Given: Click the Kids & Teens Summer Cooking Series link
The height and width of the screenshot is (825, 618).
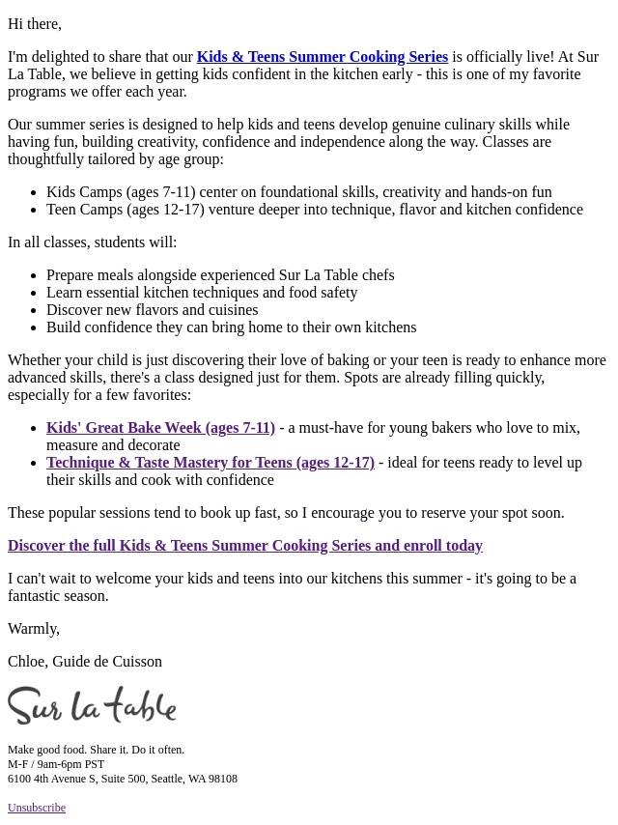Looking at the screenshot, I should [x=322, y=57].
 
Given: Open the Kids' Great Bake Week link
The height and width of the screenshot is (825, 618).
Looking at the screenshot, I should [x=160, y=428].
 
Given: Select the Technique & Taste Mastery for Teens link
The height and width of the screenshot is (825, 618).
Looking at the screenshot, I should [x=210, y=463].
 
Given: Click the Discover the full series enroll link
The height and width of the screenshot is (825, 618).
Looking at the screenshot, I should [x=244, y=546].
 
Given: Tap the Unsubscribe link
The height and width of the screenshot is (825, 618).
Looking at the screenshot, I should [x=37, y=808].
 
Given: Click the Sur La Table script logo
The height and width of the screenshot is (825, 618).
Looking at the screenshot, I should [x=92, y=705].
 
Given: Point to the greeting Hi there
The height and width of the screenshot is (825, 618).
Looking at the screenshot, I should [x=35, y=24].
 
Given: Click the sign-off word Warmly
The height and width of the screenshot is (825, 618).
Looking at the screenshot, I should [x=34, y=629].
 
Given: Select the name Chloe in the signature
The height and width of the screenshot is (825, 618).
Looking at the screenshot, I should [x=27, y=662].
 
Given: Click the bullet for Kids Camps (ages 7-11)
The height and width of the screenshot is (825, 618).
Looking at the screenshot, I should [x=298, y=192].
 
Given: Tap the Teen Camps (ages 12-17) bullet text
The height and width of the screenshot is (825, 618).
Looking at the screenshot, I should [x=314, y=210].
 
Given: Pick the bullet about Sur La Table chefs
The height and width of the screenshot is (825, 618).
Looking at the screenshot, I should [x=220, y=275].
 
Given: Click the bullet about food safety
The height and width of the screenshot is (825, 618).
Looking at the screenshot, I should [x=202, y=293].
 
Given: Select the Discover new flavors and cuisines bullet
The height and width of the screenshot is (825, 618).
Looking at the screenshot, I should [x=152, y=310].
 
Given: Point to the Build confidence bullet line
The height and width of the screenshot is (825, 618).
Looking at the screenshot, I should [x=231, y=327].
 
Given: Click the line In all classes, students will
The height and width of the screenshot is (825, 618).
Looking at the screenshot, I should [x=92, y=242].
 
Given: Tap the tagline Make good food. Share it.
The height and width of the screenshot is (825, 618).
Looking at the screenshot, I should [x=96, y=750].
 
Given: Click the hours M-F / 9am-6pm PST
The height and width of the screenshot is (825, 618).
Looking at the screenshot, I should [x=56, y=764].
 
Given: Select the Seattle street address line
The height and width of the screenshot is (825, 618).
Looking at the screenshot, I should [x=122, y=779].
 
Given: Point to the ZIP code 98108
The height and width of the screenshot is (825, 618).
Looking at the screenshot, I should [x=223, y=779].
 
